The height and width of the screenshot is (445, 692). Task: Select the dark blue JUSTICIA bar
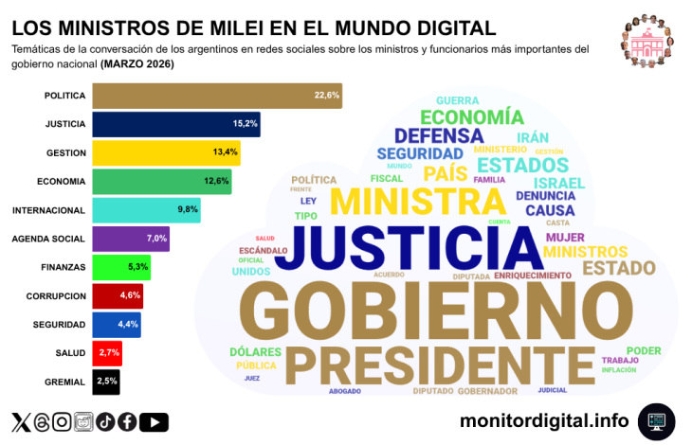click(175, 124)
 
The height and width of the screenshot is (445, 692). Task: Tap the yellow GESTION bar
click(165, 152)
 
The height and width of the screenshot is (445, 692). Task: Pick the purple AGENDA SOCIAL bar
click(131, 239)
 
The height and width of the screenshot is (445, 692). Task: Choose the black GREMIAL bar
click(106, 382)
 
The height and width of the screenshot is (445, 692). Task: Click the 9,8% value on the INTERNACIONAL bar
click(187, 210)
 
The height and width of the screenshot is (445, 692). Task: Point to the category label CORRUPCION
click(56, 296)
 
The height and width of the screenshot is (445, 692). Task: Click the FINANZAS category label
click(64, 267)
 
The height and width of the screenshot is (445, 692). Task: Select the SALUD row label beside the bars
click(71, 353)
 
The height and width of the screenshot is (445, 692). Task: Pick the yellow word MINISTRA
click(417, 201)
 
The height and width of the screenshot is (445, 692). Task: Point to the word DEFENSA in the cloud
click(439, 135)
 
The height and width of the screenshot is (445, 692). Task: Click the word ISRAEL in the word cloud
click(558, 182)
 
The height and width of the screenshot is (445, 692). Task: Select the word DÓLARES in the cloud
click(256, 352)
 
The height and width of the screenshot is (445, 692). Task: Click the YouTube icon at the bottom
click(154, 422)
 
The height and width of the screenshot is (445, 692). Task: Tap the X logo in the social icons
click(20, 422)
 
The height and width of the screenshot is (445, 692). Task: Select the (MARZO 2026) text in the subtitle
click(137, 64)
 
